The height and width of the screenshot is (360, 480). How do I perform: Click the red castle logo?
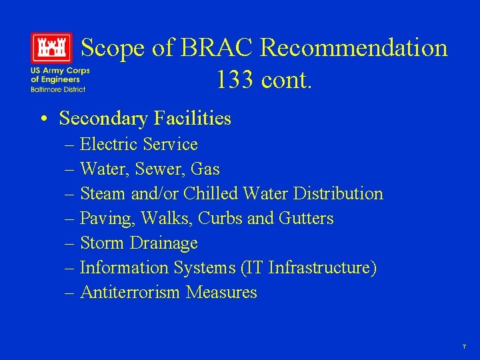pyautogui.click(x=51, y=48)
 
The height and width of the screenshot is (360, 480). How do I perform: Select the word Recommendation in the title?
pyautogui.click(x=354, y=48)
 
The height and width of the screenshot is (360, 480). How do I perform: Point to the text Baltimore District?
pyautogui.click(x=57, y=89)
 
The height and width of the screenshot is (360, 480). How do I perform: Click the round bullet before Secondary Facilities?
pyautogui.click(x=43, y=119)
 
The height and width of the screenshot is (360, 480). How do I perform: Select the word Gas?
pyautogui.click(x=206, y=169)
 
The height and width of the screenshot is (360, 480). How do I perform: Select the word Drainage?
pyautogui.click(x=164, y=243)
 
